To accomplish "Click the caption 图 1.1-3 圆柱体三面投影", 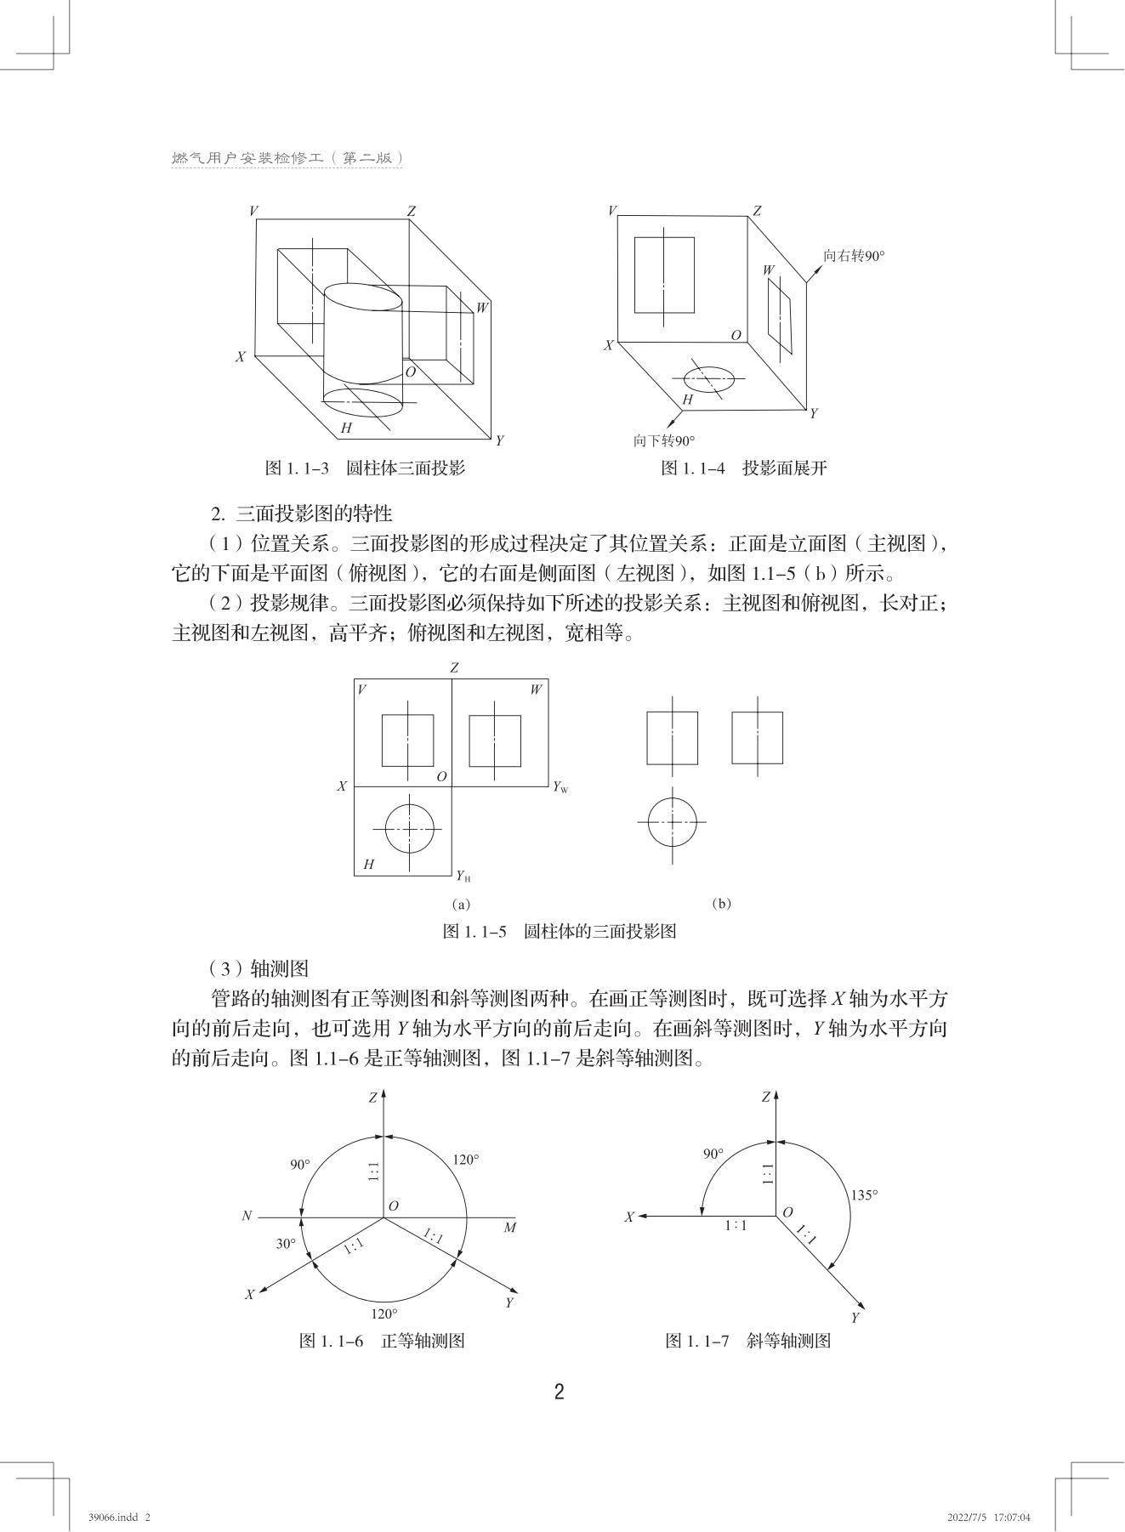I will coord(365,468).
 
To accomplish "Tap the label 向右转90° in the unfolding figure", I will coord(853,256).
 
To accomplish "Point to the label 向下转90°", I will coord(663,440).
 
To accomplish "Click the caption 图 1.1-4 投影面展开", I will coord(743,468).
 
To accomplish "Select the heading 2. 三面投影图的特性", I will coord(302,514).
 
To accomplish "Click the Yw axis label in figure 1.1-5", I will coord(560,787).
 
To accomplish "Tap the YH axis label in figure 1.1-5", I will coord(463,876).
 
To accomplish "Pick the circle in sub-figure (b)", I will coord(673,822).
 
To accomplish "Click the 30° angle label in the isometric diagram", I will coord(286,1244).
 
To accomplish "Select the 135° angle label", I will coord(864,1194).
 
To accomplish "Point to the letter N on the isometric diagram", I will coord(247,1217).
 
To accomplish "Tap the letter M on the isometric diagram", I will coord(509,1228).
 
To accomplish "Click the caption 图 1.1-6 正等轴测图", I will coord(382,1341).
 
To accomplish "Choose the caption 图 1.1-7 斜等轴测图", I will coord(747,1341).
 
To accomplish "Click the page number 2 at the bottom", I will coord(559,1392).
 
